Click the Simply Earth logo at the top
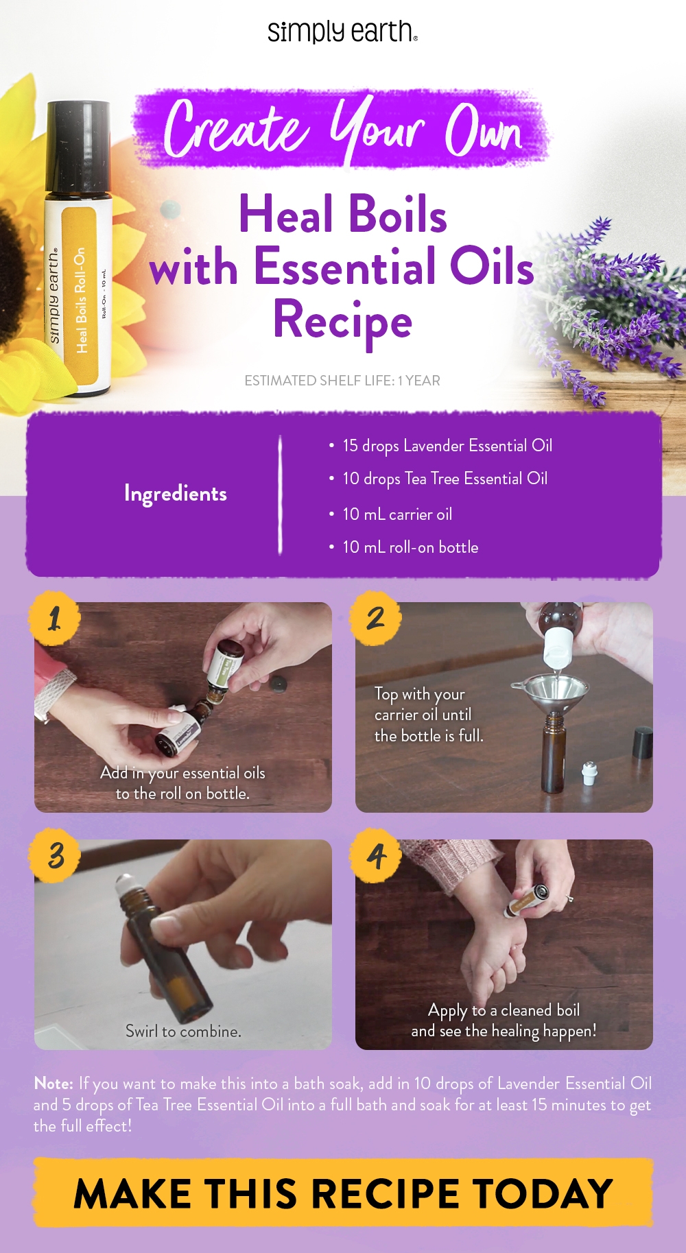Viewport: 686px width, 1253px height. [342, 32]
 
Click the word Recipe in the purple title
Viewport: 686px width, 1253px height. [342, 320]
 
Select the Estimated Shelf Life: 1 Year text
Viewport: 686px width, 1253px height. [342, 381]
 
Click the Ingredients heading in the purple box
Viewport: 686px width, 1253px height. [176, 494]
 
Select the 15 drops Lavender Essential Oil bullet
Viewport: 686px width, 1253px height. [447, 446]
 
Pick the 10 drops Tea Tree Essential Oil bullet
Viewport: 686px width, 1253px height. [445, 479]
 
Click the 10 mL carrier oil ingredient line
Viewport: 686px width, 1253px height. [397, 514]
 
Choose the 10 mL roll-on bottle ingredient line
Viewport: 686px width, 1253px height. [410, 547]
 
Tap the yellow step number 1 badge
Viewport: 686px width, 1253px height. [55, 618]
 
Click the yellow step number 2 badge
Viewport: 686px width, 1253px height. [375, 618]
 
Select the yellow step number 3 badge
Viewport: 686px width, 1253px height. [55, 855]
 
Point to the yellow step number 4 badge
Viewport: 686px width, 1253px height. [375, 855]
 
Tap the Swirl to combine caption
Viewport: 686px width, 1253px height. [183, 1031]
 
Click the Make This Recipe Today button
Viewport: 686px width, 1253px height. [342, 1193]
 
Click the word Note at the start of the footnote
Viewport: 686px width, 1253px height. [54, 1084]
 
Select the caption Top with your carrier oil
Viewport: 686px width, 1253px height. [428, 715]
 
